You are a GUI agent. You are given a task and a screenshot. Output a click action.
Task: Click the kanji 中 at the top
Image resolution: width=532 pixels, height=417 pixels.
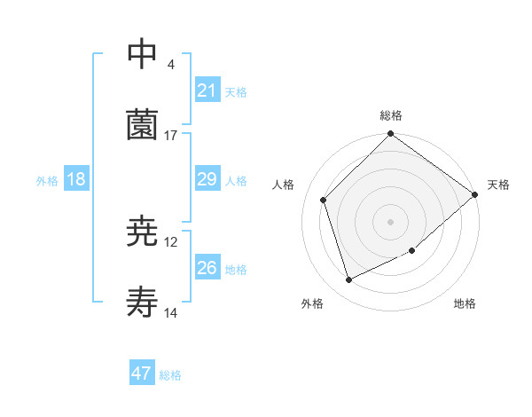click(x=143, y=54)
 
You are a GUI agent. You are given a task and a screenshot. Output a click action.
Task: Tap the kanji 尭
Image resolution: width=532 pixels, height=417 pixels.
click(x=143, y=232)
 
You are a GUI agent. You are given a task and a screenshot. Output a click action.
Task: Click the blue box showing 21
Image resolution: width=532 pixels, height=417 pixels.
click(x=207, y=90)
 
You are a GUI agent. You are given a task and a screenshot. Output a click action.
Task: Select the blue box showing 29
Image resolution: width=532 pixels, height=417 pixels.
click(x=207, y=179)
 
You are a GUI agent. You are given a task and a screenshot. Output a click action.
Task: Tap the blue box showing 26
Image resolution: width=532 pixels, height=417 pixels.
click(x=207, y=268)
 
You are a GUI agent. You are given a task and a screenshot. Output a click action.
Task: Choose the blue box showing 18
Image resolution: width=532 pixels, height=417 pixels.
click(x=76, y=179)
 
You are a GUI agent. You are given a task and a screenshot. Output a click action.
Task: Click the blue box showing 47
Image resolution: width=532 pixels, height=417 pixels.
click(x=142, y=374)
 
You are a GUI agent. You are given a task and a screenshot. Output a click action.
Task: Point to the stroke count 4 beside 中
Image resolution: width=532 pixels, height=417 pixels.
click(x=171, y=65)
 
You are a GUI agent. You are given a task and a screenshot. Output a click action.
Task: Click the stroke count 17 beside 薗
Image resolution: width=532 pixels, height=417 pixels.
click(x=171, y=136)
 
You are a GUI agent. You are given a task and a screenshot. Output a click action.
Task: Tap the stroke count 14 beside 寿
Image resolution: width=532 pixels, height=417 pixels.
click(x=171, y=314)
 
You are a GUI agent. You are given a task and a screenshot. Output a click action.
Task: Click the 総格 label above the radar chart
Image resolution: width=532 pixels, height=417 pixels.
click(x=391, y=115)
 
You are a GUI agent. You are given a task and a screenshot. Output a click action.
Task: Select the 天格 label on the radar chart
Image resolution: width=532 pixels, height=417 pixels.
click(x=499, y=185)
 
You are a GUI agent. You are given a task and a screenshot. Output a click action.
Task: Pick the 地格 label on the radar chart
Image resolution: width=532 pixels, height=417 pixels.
click(x=465, y=303)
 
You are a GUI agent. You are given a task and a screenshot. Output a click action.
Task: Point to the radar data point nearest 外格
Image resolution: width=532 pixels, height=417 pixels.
click(x=349, y=280)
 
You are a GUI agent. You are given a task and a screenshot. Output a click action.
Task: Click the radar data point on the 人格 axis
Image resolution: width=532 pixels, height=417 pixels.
click(x=324, y=200)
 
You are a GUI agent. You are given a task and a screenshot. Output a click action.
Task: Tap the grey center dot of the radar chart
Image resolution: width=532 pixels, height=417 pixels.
click(x=391, y=221)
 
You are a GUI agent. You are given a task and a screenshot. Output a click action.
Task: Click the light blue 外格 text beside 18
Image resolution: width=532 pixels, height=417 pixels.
click(x=47, y=180)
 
